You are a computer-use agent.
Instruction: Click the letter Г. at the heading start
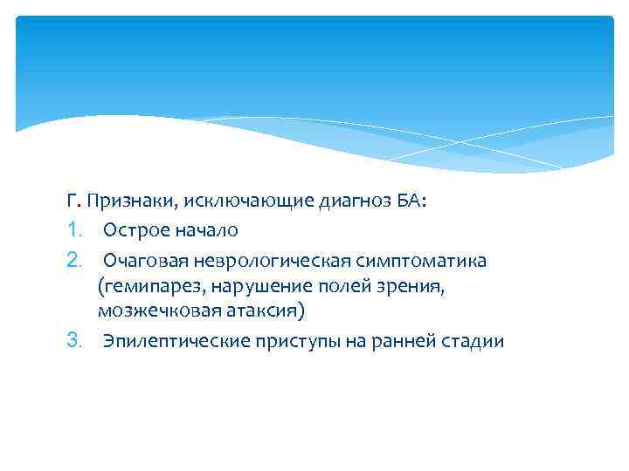(x=72, y=201)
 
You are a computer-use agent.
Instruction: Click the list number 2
(x=73, y=261)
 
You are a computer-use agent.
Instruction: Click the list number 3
(x=73, y=340)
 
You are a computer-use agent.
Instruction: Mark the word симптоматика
(x=418, y=261)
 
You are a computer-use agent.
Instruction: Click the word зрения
(x=414, y=285)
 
